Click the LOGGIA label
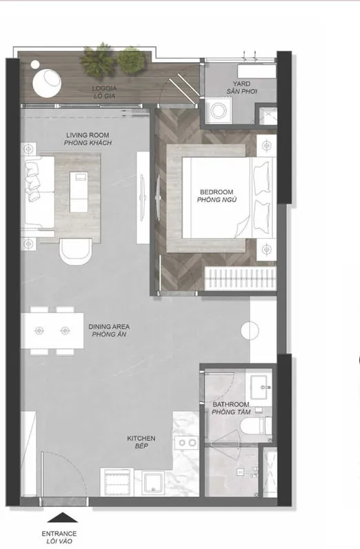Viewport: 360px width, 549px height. coord(104,88)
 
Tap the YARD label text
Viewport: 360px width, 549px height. coord(241,83)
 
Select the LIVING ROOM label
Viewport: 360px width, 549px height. coord(88,135)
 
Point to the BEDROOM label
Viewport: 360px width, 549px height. coord(217,192)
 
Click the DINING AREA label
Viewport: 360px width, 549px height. coord(109,327)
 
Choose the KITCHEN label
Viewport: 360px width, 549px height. coord(141,439)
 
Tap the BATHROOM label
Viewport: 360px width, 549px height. coord(231,404)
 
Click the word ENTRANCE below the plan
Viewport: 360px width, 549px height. coord(59,534)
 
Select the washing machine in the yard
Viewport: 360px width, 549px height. coord(219,110)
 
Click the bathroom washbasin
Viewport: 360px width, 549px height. coord(259,387)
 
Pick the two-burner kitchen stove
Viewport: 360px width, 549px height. coord(187,443)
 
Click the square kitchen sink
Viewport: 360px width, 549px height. coord(153,483)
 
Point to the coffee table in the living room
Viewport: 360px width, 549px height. coord(79,192)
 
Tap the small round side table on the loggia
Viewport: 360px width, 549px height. coord(35,64)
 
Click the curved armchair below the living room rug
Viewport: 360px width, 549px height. coord(76,250)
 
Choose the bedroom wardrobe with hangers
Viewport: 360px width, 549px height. coord(240,279)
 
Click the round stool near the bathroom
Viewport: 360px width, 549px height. coord(250,330)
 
